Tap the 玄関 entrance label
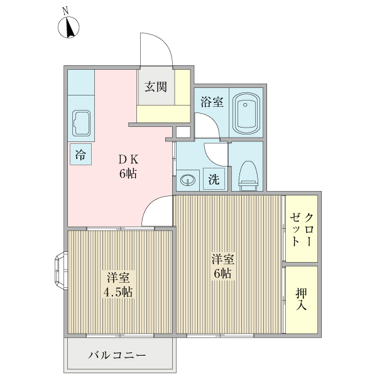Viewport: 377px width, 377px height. pos(156,87)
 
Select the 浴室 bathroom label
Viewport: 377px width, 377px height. pos(212,101)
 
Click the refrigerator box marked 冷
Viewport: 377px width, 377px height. pos(80,154)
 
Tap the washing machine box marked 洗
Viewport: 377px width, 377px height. pos(214,178)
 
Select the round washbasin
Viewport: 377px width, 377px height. pos(187,181)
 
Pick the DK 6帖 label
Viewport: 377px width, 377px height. pos(128,165)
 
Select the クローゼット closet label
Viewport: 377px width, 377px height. pos(302,229)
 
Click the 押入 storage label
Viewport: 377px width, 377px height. pos(302,300)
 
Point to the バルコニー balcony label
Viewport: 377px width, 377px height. pos(117,356)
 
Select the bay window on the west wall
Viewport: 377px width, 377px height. pos(60,271)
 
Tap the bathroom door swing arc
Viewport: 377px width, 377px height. pos(207,124)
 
